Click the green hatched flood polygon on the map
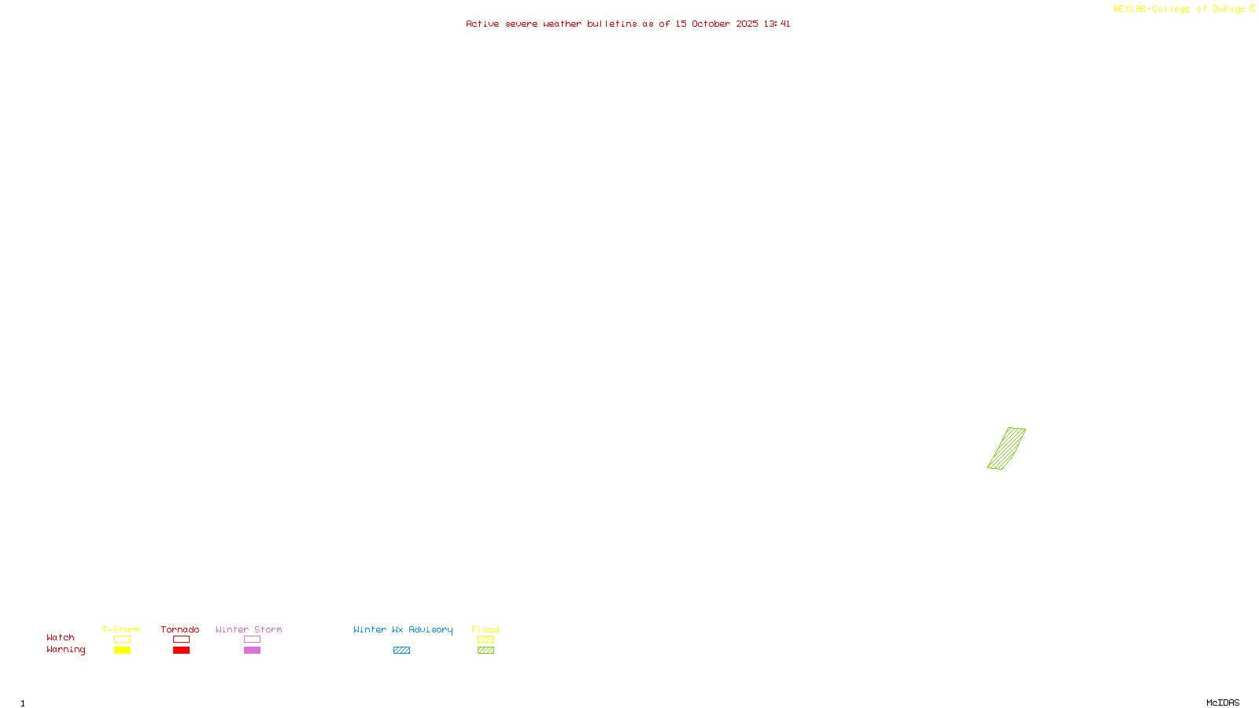tap(1006, 448)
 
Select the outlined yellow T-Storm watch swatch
tap(122, 640)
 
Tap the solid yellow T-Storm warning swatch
tap(122, 651)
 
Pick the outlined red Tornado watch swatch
tap(181, 640)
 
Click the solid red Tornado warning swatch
tap(181, 651)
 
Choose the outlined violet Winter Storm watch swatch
tap(252, 640)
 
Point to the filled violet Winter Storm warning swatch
tap(252, 651)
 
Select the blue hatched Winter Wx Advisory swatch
tap(401, 651)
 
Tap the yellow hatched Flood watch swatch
tap(486, 640)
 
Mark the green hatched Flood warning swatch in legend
tap(486, 651)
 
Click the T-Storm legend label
tap(121, 629)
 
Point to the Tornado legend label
tap(180, 629)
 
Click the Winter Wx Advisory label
tap(403, 629)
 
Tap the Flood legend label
tap(486, 629)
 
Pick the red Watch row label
tap(61, 638)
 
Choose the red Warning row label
tap(66, 650)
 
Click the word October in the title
tap(711, 24)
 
